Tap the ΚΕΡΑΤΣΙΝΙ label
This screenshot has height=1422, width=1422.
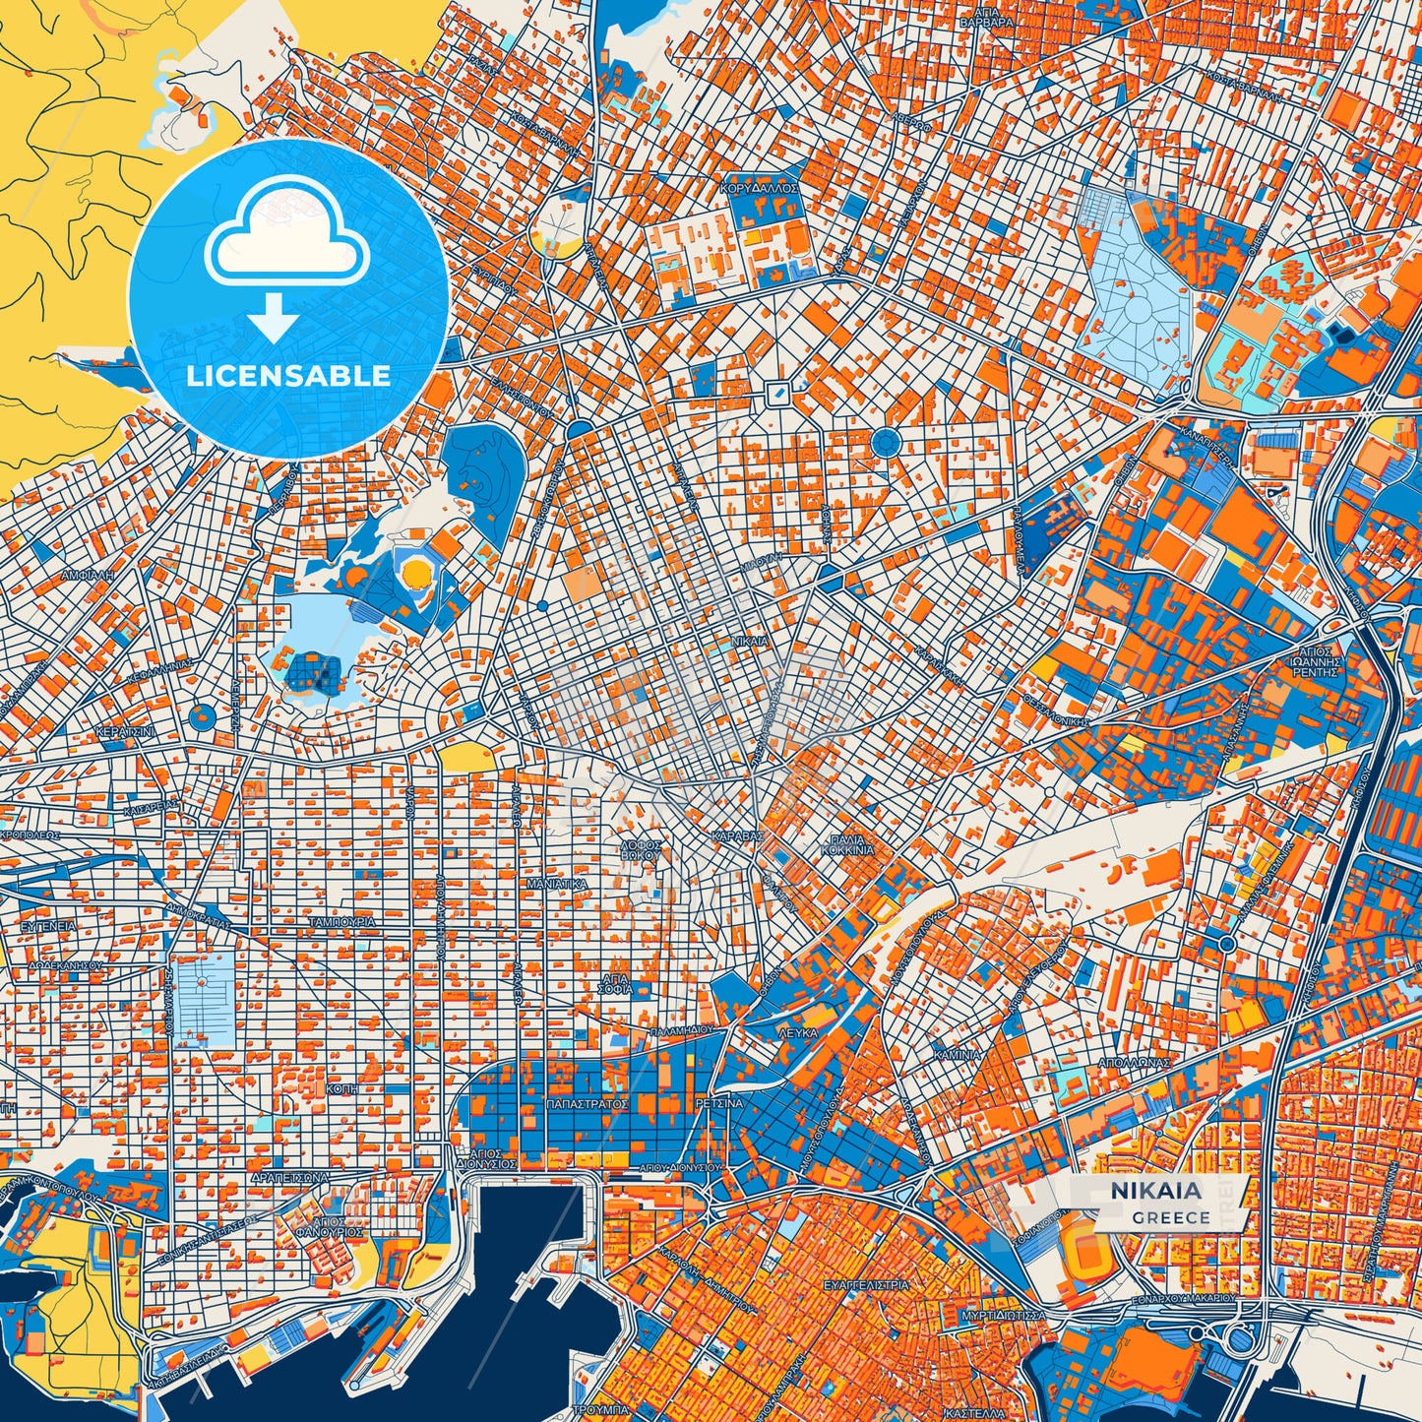(x=124, y=733)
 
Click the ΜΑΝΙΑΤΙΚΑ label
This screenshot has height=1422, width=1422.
(x=557, y=884)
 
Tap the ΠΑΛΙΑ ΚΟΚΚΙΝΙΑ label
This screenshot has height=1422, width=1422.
(x=846, y=845)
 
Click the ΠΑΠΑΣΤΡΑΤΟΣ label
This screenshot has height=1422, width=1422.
(x=587, y=1104)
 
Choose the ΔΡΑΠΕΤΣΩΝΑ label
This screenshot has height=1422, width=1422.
(x=288, y=1176)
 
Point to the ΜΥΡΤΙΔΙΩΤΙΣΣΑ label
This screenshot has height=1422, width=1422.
(x=1003, y=1315)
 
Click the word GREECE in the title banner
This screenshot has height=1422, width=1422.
(x=1170, y=1217)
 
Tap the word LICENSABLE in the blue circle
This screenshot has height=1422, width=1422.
(x=288, y=375)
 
